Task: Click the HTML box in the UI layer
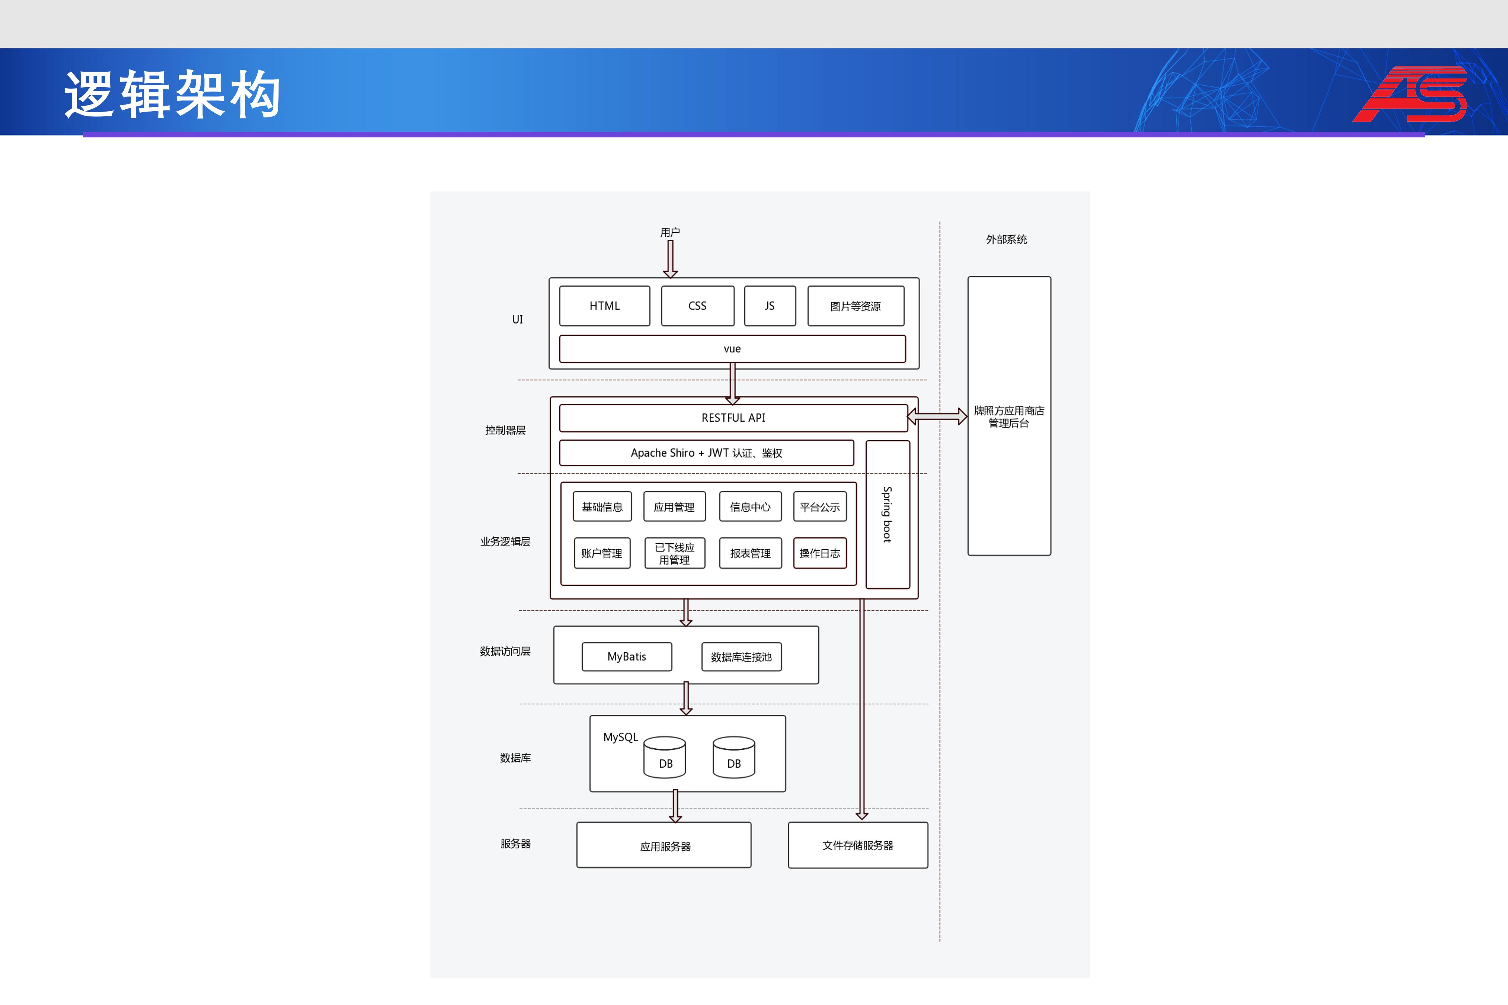tap(604, 306)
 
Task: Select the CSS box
tap(697, 306)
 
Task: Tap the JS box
tap(770, 306)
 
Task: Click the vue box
tap(732, 349)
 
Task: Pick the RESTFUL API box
tap(733, 418)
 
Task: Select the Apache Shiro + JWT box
tap(706, 452)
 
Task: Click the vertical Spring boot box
tap(888, 514)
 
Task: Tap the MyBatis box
tap(627, 656)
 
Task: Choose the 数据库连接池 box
tap(741, 656)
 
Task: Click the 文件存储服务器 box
tap(857, 845)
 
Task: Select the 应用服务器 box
tap(664, 845)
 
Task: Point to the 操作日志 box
tap(820, 553)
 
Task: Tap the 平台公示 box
tap(820, 506)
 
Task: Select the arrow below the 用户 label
tap(671, 259)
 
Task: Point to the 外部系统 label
tap(1006, 239)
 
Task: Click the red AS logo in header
tap(1410, 93)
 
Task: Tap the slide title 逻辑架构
tap(173, 95)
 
